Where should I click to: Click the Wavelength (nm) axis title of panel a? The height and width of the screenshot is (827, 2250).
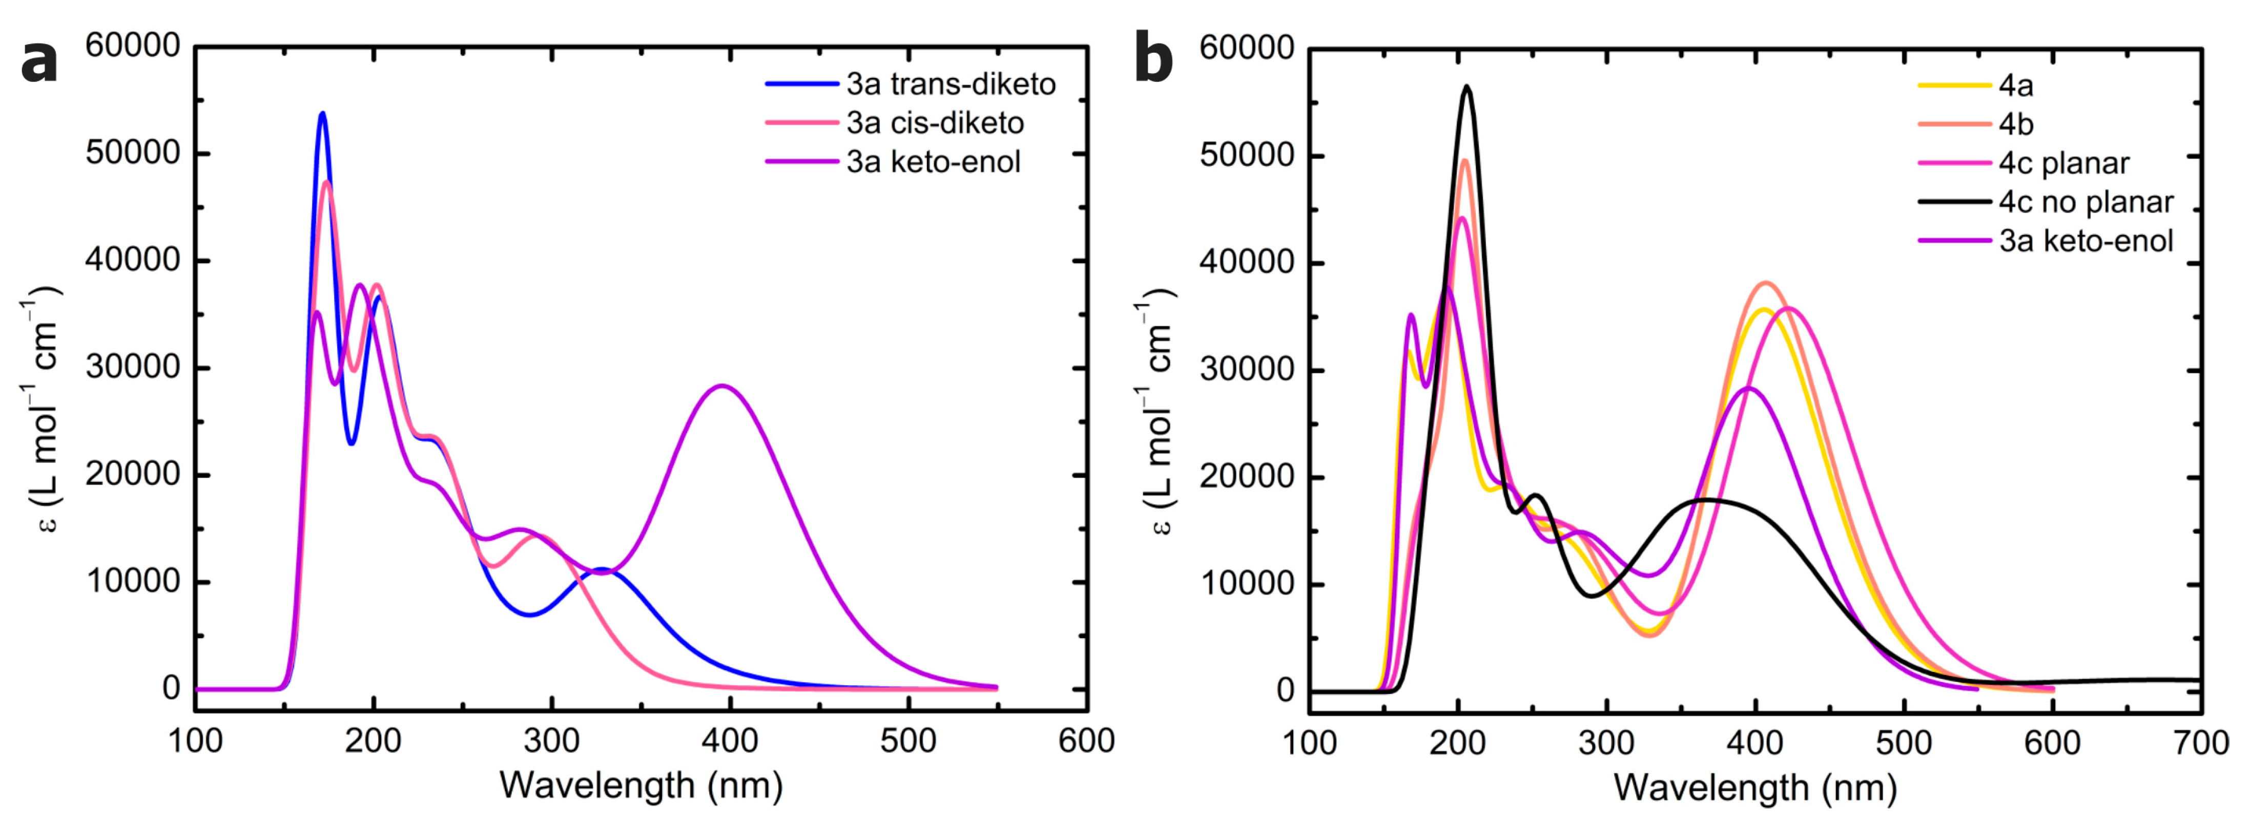(640, 786)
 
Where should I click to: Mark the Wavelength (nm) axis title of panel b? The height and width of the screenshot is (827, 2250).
(1754, 788)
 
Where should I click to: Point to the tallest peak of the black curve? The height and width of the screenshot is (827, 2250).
(1468, 87)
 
